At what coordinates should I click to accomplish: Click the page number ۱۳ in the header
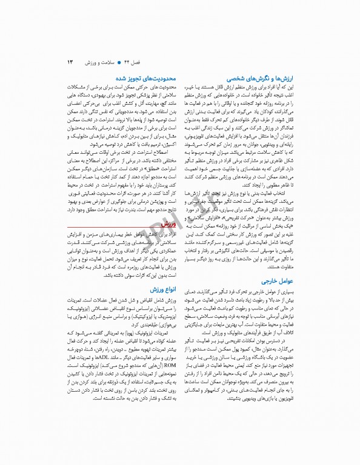point(70,62)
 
